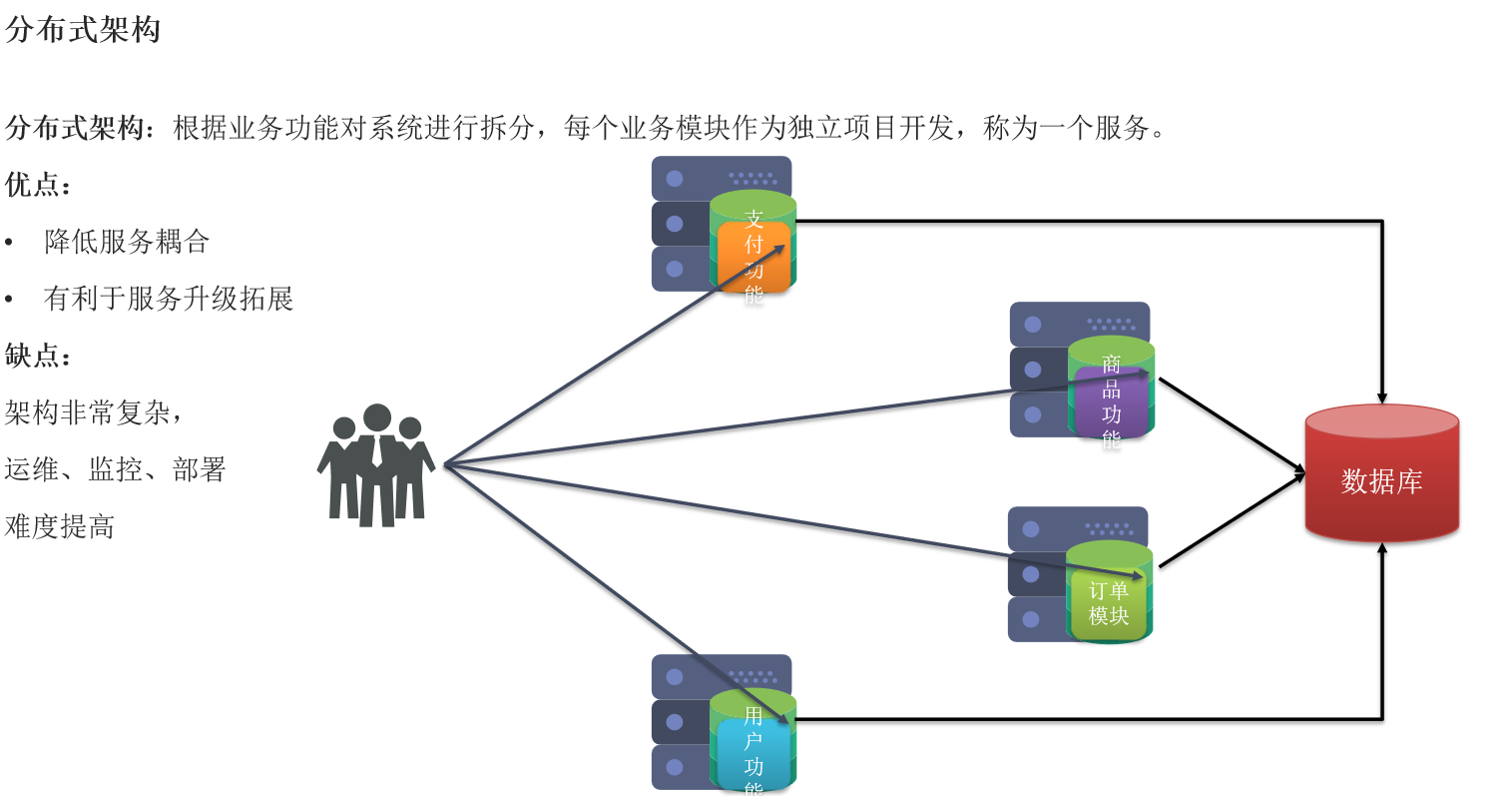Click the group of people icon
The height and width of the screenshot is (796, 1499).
click(x=376, y=465)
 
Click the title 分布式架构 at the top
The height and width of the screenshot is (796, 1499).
click(x=83, y=30)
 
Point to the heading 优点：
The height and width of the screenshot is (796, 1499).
click(x=38, y=185)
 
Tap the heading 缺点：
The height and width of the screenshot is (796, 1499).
click(x=38, y=356)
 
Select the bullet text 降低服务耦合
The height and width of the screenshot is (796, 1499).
click(x=127, y=242)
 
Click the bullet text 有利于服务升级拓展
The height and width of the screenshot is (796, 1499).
click(x=168, y=299)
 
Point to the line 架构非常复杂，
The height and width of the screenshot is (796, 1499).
click(x=94, y=412)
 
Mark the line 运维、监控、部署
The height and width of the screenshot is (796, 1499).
click(x=115, y=469)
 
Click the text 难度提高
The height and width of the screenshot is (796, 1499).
click(x=59, y=526)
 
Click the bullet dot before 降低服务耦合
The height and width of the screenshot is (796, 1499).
click(x=10, y=243)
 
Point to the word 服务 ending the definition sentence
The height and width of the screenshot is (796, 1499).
click(x=1123, y=129)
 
